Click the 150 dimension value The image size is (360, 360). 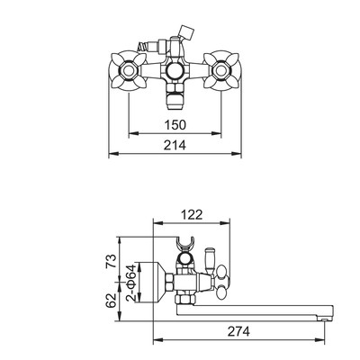click(x=175, y=124)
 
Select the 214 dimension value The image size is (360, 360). click(x=175, y=145)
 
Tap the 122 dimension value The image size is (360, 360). click(x=192, y=214)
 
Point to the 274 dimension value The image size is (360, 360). click(x=238, y=331)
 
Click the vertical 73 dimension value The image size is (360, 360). click(x=112, y=261)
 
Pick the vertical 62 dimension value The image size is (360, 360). click(x=112, y=301)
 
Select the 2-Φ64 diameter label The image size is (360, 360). click(x=130, y=283)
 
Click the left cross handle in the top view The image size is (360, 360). click(x=128, y=71)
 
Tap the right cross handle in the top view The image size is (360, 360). click(x=221, y=71)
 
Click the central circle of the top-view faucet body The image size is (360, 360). click(x=175, y=71)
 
